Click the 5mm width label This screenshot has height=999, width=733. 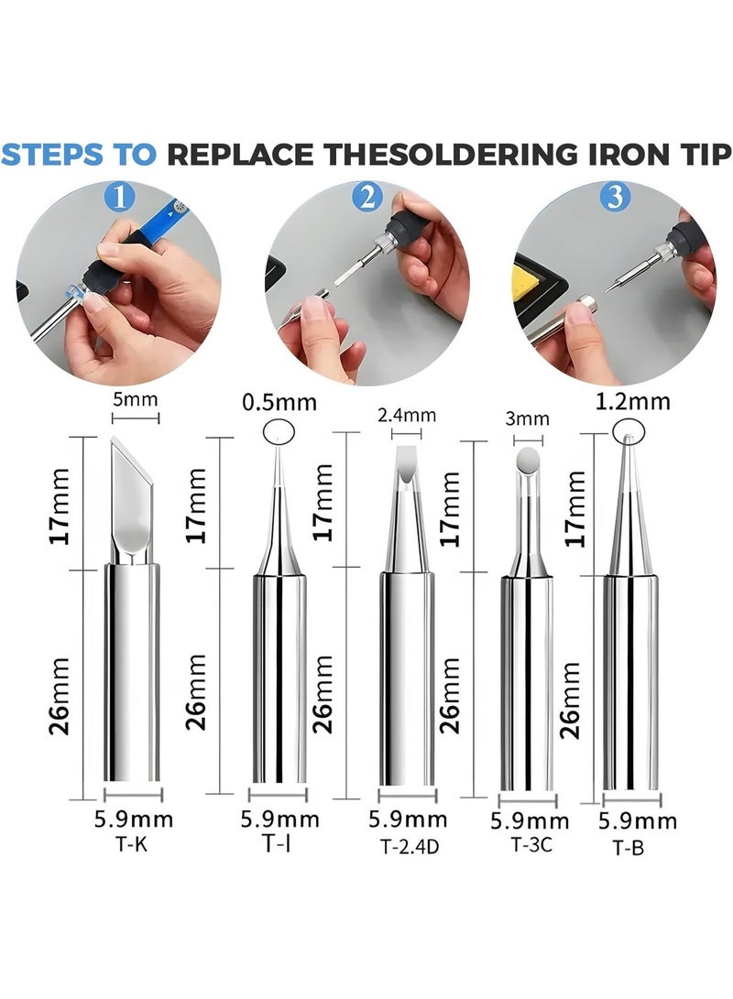[x=135, y=400]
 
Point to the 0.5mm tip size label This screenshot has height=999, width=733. [x=279, y=402]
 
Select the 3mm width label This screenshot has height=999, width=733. [x=527, y=419]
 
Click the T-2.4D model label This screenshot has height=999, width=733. [x=410, y=846]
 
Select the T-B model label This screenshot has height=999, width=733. [x=628, y=849]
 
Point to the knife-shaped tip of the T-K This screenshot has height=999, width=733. [x=131, y=499]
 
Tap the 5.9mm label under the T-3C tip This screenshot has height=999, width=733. [x=530, y=821]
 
